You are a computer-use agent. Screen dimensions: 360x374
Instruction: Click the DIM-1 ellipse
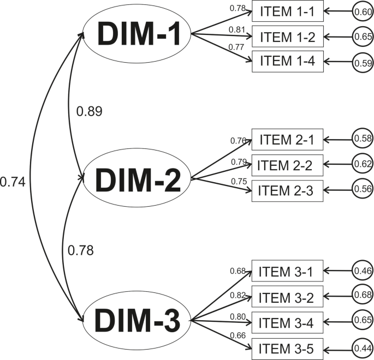tap(136, 34)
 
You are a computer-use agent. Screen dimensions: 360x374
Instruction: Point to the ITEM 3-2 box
tap(287, 296)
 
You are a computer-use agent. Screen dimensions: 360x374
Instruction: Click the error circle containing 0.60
tap(362, 11)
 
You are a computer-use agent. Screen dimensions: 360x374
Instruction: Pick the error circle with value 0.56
tap(362, 189)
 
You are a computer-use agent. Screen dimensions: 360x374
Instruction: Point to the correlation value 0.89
tap(90, 111)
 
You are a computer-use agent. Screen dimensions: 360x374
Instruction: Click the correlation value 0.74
tap(13, 181)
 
